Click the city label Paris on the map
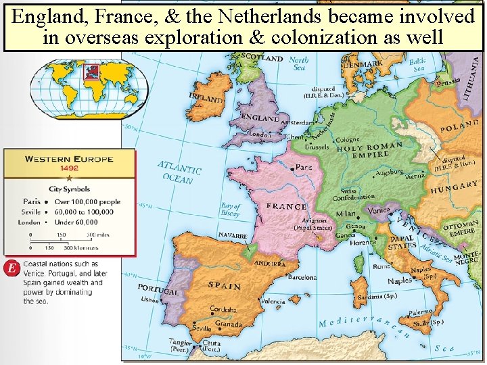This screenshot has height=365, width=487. [x=304, y=167]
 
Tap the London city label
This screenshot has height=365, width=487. [x=260, y=135]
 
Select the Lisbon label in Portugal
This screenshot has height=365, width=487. [x=149, y=299]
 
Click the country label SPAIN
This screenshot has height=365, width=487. [x=224, y=286]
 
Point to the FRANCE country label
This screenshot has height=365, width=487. [x=286, y=206]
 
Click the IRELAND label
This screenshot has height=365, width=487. [x=206, y=99]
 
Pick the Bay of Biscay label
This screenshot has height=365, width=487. [x=231, y=210]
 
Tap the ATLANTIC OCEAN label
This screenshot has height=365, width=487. [x=179, y=172]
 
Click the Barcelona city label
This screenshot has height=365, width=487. [x=302, y=277]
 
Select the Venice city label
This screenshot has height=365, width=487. [x=379, y=210]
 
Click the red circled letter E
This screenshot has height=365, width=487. [x=10, y=268]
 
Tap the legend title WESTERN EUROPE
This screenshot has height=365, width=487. [x=69, y=160]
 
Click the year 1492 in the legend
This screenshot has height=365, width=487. [x=69, y=168]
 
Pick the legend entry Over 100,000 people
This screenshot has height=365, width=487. [x=87, y=201]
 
